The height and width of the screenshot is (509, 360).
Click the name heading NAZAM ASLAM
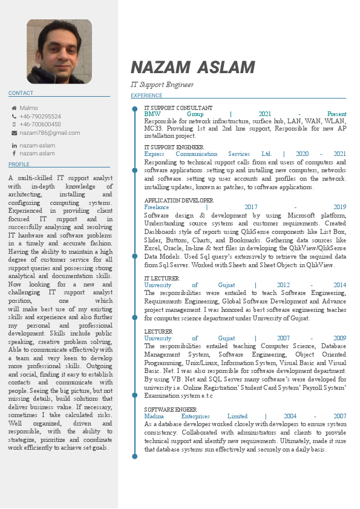192,67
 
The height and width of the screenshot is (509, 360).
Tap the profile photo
59,51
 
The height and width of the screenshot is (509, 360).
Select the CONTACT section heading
21,93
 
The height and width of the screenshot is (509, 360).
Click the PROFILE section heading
19,164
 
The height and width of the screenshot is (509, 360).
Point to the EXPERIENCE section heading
146,96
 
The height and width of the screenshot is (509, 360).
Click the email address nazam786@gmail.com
50,133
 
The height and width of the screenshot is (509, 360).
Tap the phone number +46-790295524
40,116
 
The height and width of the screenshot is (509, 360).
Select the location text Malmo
28,108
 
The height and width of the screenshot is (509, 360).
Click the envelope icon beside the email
14,133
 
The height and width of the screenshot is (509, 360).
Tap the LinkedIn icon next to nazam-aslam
14,146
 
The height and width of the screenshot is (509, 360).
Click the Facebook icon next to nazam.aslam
14,154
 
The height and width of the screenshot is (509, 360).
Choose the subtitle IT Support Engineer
162,85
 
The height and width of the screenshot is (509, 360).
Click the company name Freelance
156,207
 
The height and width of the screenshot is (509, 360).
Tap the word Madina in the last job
153,416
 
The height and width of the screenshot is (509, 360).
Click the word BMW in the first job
151,114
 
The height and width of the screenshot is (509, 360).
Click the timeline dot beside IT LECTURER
134,277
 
